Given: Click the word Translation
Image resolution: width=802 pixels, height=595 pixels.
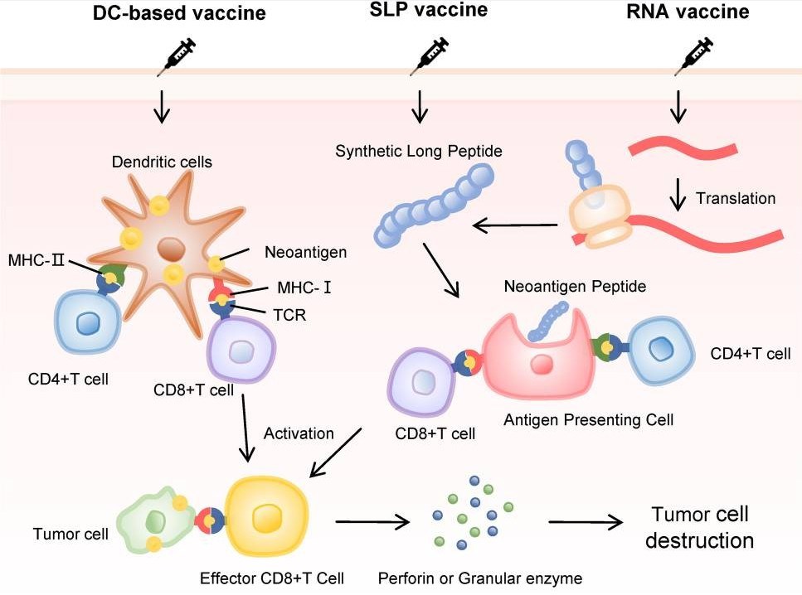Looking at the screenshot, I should click(x=736, y=198).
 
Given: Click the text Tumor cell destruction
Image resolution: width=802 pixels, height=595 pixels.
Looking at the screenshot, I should click(x=699, y=527).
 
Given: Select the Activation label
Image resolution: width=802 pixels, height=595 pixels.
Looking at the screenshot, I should click(x=299, y=433).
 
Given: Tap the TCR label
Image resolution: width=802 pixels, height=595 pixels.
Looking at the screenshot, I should click(x=289, y=314).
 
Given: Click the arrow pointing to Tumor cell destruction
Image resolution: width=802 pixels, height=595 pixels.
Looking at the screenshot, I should click(x=586, y=522).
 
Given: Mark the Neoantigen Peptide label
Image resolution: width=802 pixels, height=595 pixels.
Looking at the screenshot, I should click(x=574, y=286).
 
